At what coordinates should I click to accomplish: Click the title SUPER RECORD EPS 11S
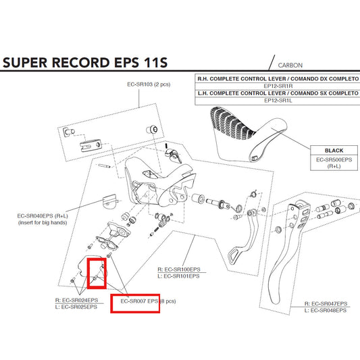tap(84, 64)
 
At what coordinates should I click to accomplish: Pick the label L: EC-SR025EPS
tap(76, 307)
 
